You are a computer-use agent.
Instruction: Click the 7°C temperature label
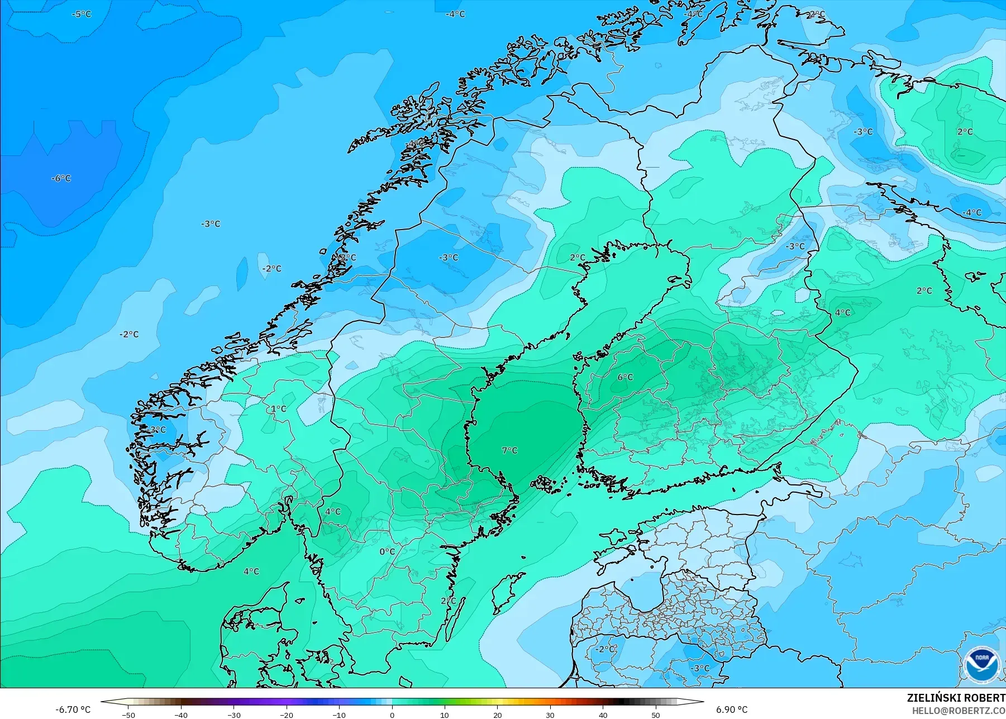point(509,450)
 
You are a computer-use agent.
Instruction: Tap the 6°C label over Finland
point(625,377)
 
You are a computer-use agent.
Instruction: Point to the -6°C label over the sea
point(61,178)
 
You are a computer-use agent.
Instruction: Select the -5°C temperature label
point(82,14)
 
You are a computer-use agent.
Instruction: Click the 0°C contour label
point(387,551)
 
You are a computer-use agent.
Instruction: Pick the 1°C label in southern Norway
point(278,409)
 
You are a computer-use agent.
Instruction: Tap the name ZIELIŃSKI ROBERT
point(956,698)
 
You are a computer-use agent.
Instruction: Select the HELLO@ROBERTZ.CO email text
point(959,711)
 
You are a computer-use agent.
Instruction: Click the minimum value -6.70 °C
point(73,710)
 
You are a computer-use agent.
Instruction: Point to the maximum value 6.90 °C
point(732,710)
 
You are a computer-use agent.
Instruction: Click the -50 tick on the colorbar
point(128,715)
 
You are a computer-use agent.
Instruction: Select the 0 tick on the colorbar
point(392,715)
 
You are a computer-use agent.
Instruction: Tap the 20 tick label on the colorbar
point(497,715)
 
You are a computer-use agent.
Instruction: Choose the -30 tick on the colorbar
point(233,715)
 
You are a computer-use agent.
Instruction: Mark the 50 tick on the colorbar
point(656,715)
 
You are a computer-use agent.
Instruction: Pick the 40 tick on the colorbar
point(603,715)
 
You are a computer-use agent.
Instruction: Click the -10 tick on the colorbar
point(339,715)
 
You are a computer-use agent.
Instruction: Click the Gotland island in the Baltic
point(507,592)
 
